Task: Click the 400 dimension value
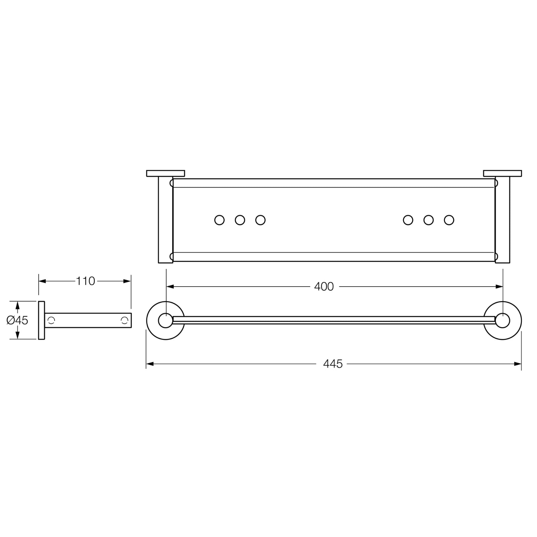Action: click(x=324, y=286)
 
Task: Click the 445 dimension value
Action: click(x=333, y=364)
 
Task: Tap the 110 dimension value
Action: click(x=85, y=281)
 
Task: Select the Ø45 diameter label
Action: click(x=17, y=320)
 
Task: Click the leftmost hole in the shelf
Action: click(x=219, y=220)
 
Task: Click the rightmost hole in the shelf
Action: click(x=449, y=220)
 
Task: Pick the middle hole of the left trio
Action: click(x=240, y=220)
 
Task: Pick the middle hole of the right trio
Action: click(x=428, y=220)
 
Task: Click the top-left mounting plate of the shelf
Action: click(x=165, y=173)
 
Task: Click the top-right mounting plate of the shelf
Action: click(x=502, y=173)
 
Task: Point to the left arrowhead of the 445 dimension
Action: click(x=150, y=364)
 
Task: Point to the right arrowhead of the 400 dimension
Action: click(x=500, y=286)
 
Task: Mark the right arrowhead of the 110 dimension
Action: click(x=128, y=281)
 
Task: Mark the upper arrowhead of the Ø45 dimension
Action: click(x=18, y=304)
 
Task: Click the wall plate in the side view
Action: click(x=41, y=320)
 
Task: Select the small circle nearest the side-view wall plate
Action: click(x=51, y=320)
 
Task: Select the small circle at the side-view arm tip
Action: click(x=125, y=320)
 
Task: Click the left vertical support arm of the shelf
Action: click(x=165, y=220)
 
